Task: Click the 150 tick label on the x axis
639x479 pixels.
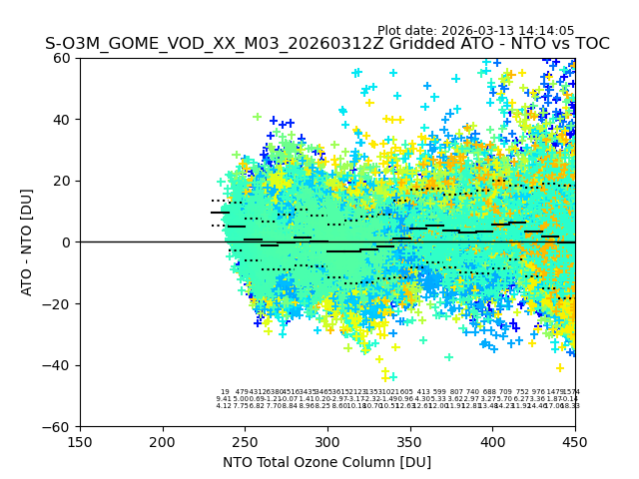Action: pyautogui.click(x=80, y=440)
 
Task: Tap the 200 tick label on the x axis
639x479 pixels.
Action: pyautogui.click(x=163, y=440)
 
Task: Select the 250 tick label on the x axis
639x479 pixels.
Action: pyautogui.click(x=245, y=440)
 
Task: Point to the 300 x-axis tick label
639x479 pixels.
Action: pyautogui.click(x=327, y=440)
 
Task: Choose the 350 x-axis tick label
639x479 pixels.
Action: pyautogui.click(x=410, y=440)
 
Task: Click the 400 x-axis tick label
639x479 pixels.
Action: pyautogui.click(x=492, y=440)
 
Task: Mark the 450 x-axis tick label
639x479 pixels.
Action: pyautogui.click(x=575, y=440)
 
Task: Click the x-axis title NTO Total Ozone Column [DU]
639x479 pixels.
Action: pyautogui.click(x=326, y=461)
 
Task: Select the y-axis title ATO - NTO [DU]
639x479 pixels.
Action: pyautogui.click(x=27, y=242)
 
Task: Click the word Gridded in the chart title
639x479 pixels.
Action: pyautogui.click(x=351, y=45)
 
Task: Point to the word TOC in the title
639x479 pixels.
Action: pyautogui.click(x=590, y=45)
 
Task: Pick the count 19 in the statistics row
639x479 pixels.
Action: pyautogui.click(x=225, y=393)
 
